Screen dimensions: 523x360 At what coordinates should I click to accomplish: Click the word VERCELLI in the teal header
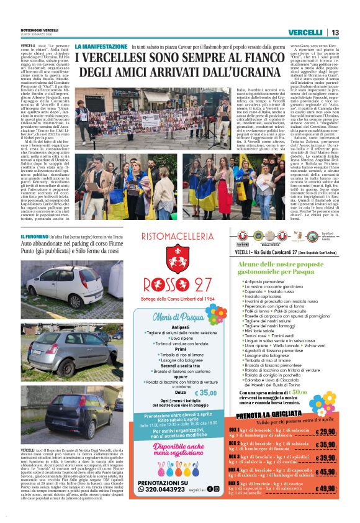(x=305, y=32)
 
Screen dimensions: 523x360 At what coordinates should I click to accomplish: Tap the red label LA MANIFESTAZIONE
(x=101, y=47)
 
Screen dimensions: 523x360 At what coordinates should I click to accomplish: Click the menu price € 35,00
(x=205, y=393)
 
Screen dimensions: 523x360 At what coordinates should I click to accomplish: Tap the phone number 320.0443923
(x=170, y=489)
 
